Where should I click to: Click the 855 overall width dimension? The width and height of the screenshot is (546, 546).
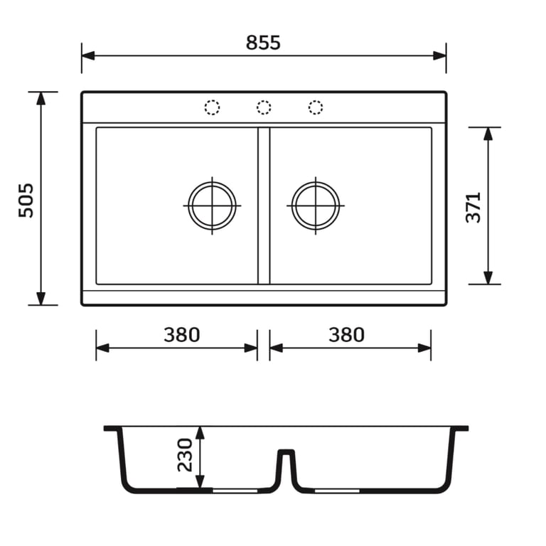[263, 43]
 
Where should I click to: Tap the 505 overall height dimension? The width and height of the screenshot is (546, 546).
[26, 200]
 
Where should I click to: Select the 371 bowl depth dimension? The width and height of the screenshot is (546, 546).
[473, 208]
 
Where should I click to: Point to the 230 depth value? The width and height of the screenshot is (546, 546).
[185, 455]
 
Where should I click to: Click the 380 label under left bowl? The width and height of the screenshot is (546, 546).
[182, 335]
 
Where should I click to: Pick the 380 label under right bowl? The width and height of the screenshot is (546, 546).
[346, 335]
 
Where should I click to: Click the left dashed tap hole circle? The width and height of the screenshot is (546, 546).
[212, 107]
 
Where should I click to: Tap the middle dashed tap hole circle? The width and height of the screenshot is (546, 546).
[264, 107]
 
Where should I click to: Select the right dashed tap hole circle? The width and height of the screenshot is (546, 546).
[316, 107]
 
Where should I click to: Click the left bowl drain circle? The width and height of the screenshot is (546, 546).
[188, 205]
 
